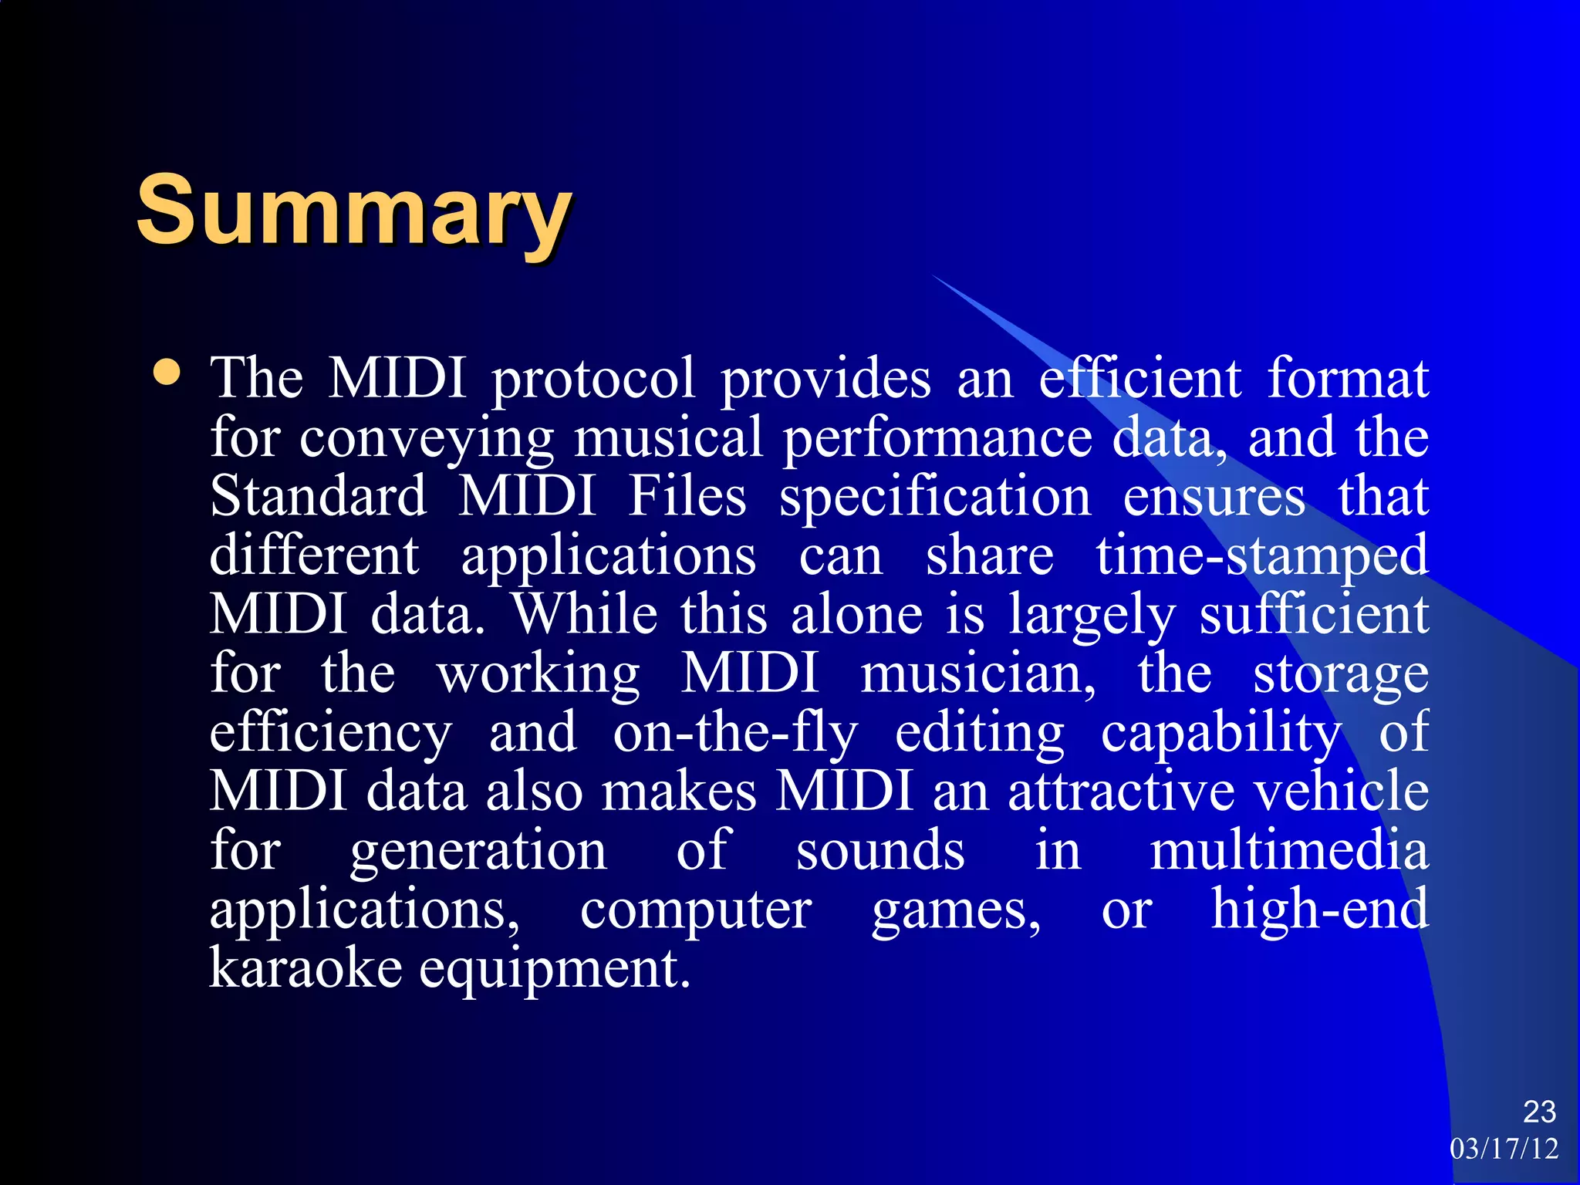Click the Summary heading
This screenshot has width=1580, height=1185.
[353, 210]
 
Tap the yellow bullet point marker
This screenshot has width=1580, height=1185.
[167, 373]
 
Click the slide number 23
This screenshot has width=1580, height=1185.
[1539, 1112]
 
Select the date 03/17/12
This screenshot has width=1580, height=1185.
[1504, 1149]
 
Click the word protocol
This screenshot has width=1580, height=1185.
[593, 380]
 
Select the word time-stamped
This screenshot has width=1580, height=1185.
[1262, 557]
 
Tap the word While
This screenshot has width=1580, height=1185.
[586, 615]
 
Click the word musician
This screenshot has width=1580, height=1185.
[977, 674]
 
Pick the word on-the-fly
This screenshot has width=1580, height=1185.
[734, 734]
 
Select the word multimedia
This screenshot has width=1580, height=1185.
[1288, 851]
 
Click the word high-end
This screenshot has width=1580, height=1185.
[1319, 910]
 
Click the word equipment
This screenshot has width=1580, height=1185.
[554, 971]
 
